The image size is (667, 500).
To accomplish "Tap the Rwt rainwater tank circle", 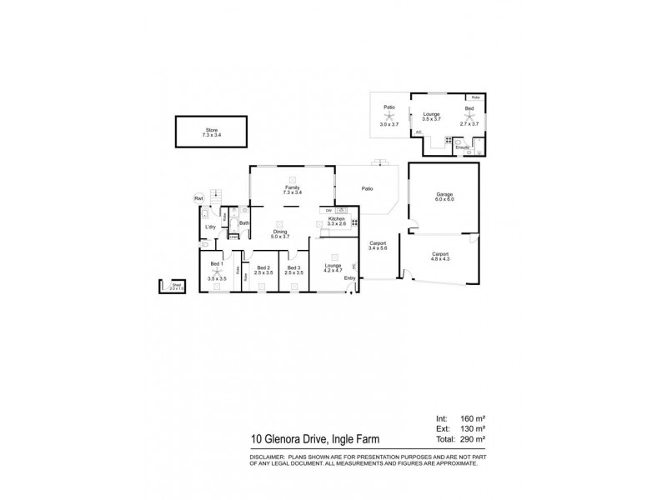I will (x=198, y=198).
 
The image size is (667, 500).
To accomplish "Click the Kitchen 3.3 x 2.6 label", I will (x=336, y=222).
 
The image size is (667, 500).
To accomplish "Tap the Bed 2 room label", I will (x=263, y=270).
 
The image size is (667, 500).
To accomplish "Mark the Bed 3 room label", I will (x=293, y=270).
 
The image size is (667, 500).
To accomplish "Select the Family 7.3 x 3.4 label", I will (x=292, y=191).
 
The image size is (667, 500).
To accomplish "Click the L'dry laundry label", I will (x=209, y=227).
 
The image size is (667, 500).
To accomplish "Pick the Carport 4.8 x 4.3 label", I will (x=439, y=256).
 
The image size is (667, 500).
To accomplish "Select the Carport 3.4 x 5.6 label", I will (x=379, y=246).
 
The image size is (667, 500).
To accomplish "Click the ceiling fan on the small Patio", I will (x=389, y=117).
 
